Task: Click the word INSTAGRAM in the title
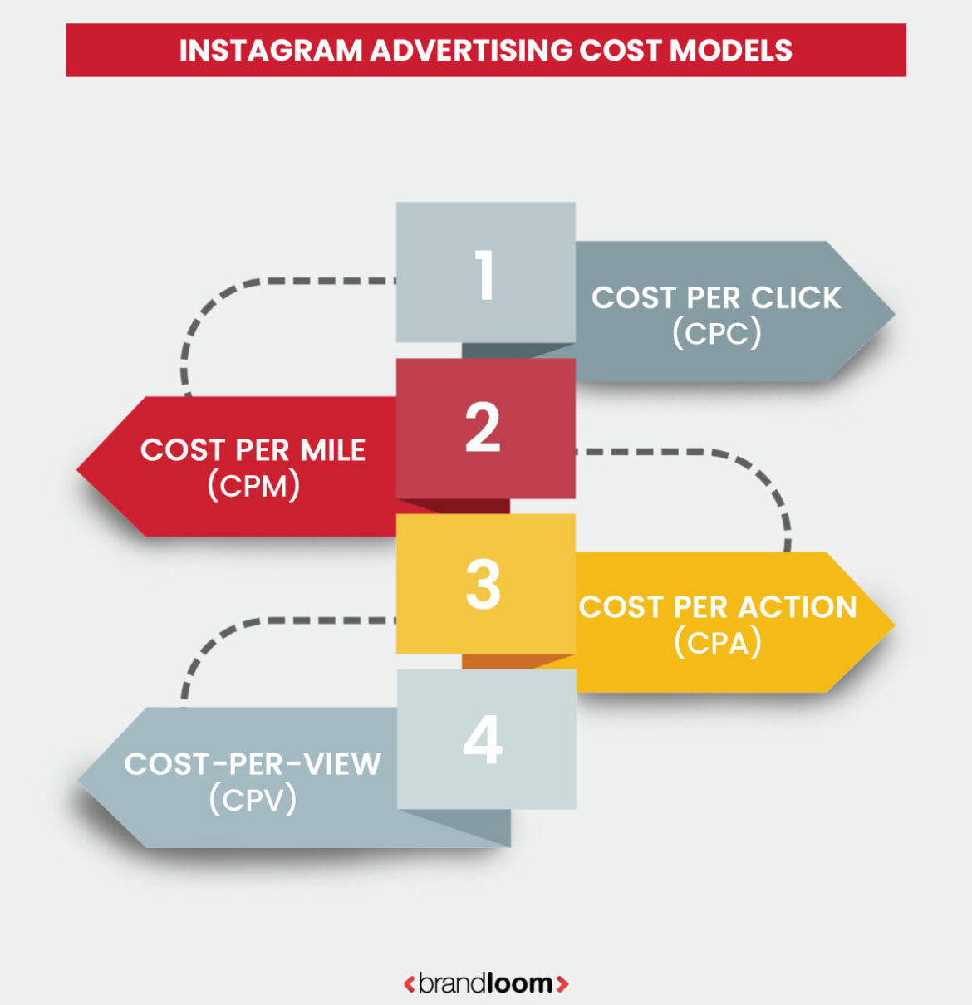(x=271, y=51)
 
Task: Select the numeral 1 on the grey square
(x=485, y=275)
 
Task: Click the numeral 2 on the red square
(x=483, y=429)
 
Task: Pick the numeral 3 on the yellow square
(x=483, y=585)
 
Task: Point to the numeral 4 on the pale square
(x=483, y=740)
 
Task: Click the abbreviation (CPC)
(x=716, y=333)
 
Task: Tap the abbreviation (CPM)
(x=253, y=485)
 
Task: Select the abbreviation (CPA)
(x=717, y=642)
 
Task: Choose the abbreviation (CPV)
(x=253, y=799)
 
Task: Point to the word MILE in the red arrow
(x=332, y=450)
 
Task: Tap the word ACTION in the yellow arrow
(x=797, y=607)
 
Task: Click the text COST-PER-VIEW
(x=253, y=764)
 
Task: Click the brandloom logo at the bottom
(x=486, y=983)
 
